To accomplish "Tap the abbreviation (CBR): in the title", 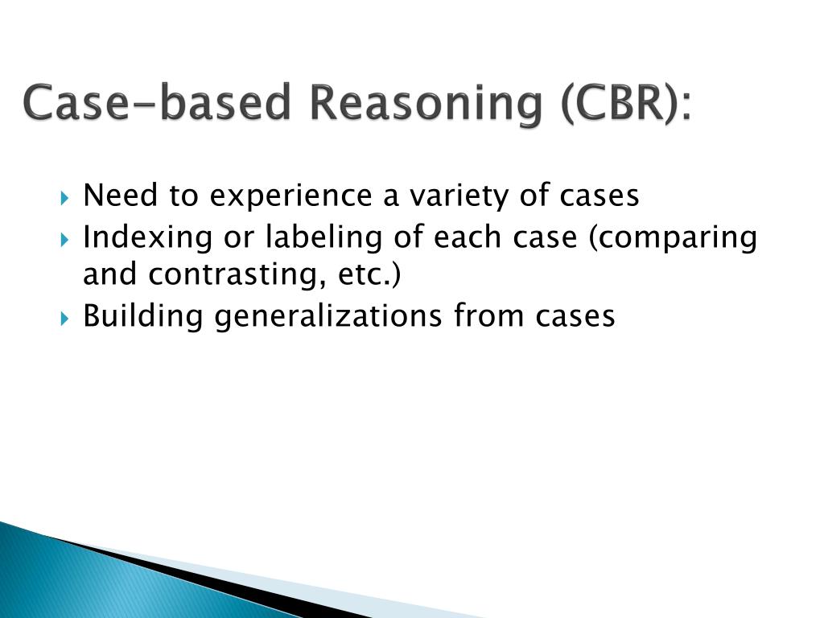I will point(623,105).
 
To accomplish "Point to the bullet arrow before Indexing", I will point(66,239).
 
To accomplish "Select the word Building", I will point(142,316).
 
